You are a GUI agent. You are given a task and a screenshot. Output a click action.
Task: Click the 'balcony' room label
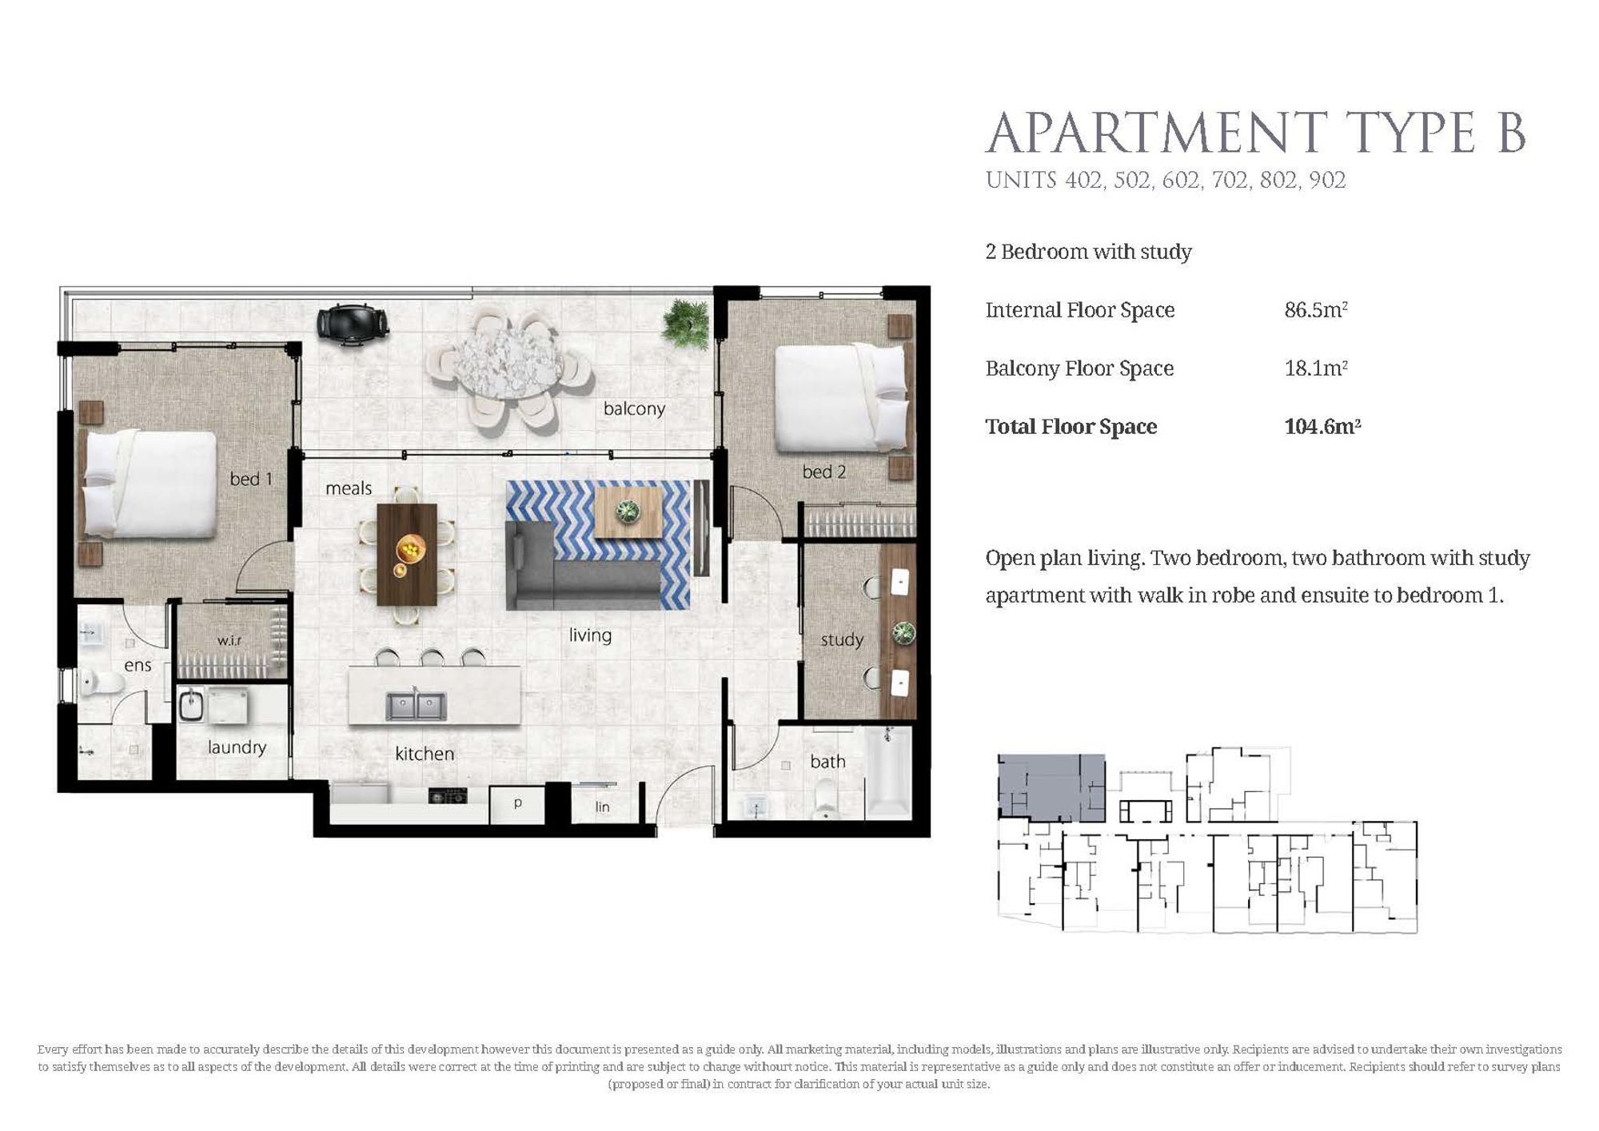(634, 409)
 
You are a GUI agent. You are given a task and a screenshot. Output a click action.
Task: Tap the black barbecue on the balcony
(353, 325)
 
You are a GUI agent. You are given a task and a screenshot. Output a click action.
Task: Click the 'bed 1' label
(251, 479)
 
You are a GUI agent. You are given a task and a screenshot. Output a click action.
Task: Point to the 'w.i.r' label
(229, 641)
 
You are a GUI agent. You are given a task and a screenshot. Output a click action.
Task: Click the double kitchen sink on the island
(416, 705)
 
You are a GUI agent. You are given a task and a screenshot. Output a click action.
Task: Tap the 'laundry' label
(237, 747)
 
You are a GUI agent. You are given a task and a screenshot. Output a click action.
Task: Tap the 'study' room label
(842, 639)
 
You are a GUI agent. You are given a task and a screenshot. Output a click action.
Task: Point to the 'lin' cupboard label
(602, 807)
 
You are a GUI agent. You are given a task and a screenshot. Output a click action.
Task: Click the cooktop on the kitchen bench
(448, 795)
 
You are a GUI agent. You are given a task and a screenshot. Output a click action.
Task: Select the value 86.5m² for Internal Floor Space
(1316, 310)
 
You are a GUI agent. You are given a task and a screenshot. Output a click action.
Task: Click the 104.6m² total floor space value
(1322, 427)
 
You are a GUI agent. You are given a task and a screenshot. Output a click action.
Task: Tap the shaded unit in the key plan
(1051, 787)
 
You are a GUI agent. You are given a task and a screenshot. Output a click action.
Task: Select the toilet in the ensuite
(102, 682)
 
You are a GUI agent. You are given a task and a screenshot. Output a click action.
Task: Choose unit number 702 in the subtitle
(1230, 181)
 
